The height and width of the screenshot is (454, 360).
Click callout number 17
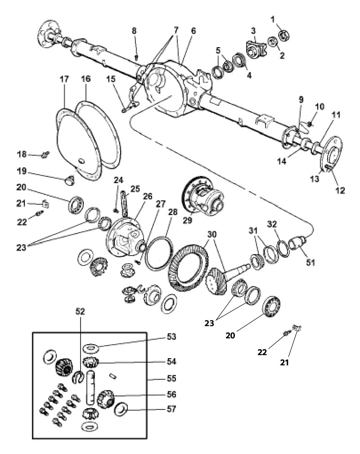pos(64,79)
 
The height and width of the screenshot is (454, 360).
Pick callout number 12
pos(339,190)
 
